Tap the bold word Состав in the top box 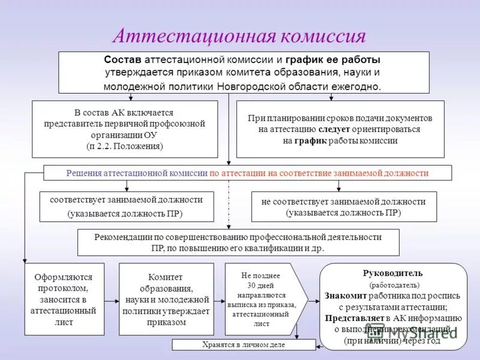(x=124, y=61)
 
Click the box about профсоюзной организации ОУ (x=124, y=129)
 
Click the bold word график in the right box (x=310, y=141)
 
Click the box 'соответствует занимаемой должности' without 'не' (x=126, y=206)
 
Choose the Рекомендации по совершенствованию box (x=238, y=242)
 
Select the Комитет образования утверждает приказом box (x=166, y=299)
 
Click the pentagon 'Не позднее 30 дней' (x=264, y=299)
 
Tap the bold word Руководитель (x=393, y=273)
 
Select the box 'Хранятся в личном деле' (x=244, y=345)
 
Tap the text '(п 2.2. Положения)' (x=124, y=146)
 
